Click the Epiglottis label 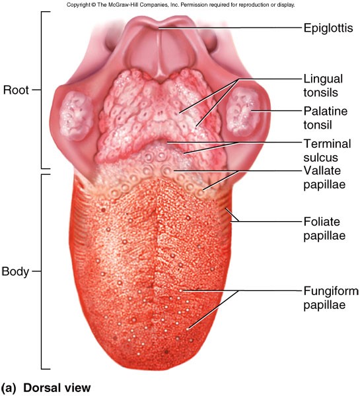328,28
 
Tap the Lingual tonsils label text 323,86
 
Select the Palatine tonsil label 326,118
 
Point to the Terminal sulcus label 327,150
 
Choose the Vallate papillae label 324,178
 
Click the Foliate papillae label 324,228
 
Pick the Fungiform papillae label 331,298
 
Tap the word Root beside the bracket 16,90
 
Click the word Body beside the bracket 15,271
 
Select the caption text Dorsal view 57,387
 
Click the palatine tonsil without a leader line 75,116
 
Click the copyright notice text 180,5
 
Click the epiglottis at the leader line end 159,27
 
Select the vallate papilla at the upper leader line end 167,171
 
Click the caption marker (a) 9,388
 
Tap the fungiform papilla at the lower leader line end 188,329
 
